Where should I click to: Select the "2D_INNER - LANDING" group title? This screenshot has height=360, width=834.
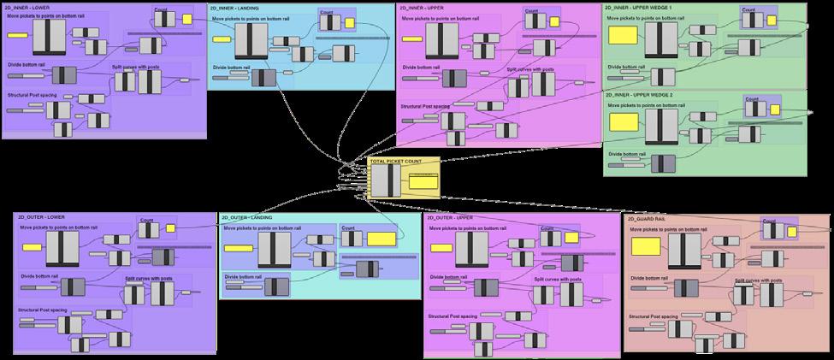pyautogui.click(x=234, y=8)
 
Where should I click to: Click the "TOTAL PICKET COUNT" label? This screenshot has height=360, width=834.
pyautogui.click(x=396, y=161)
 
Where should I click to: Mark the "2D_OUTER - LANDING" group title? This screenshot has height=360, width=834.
pyautogui.click(x=248, y=217)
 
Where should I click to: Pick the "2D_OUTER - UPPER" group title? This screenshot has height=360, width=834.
pyautogui.click(x=449, y=217)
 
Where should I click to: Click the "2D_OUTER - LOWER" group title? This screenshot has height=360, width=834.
pyautogui.click(x=40, y=217)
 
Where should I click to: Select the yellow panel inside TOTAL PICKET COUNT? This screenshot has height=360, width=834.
pyautogui.click(x=423, y=181)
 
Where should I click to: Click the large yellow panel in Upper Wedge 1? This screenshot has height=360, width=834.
pyautogui.click(x=623, y=35)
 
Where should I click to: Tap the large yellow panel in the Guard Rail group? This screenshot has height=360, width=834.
pyautogui.click(x=646, y=246)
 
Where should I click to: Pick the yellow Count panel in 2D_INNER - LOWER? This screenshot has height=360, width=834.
pyautogui.click(x=186, y=21)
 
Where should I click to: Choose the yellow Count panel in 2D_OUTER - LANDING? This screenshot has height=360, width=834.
pyautogui.click(x=381, y=239)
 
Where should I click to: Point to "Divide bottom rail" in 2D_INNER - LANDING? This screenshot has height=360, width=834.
pyautogui.click(x=232, y=67)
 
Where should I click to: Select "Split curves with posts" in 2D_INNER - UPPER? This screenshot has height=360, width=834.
pyautogui.click(x=530, y=68)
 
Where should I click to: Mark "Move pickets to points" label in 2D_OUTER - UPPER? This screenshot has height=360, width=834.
pyautogui.click(x=475, y=228)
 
